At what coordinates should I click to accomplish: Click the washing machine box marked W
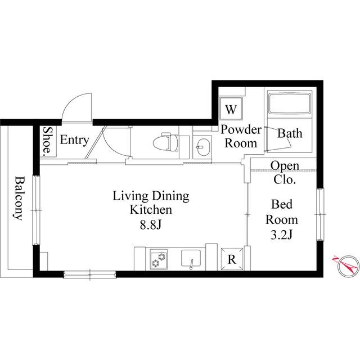[x=231, y=109]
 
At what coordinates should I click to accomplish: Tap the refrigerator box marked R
[x=232, y=259]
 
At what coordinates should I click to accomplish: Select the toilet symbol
[x=166, y=142]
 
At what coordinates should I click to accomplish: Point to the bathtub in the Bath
[x=290, y=103]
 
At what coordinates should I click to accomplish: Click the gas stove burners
[x=159, y=259]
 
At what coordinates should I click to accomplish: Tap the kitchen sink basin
[x=191, y=258]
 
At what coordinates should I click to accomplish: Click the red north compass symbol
[x=348, y=266]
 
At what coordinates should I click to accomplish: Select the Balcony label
[x=19, y=198]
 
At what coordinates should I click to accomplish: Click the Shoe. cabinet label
[x=48, y=140]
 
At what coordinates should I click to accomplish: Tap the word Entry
[x=75, y=140]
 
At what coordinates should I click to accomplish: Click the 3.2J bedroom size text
[x=281, y=235]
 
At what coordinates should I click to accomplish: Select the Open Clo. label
[x=285, y=173]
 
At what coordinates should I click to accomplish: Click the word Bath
[x=290, y=133]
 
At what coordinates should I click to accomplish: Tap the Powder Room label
[x=241, y=136]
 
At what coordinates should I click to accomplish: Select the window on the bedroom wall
[x=320, y=214]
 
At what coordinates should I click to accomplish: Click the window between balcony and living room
[x=36, y=210]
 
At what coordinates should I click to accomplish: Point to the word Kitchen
[x=151, y=210]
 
